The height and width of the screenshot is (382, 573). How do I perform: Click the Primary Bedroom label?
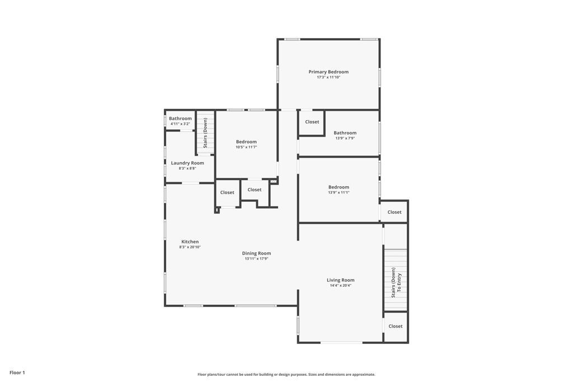328,72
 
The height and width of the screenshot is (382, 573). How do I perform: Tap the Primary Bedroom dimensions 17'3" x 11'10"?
328,77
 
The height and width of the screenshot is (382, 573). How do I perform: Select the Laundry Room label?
187,163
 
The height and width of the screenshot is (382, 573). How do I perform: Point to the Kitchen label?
190,242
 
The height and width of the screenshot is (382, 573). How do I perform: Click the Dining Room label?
256,253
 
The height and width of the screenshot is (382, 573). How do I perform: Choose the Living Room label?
341,280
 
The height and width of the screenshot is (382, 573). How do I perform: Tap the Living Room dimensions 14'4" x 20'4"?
341,286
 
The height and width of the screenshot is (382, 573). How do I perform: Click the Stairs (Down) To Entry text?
396,282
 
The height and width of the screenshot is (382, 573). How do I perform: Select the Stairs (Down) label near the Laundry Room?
205,133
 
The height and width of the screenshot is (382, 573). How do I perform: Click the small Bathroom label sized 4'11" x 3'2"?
180,119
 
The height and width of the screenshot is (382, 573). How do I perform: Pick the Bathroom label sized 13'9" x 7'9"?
345,133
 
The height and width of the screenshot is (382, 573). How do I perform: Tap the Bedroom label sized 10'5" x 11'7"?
246,142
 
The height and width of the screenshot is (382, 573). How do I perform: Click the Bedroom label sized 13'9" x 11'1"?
339,187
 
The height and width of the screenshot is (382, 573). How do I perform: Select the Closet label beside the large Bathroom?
312,122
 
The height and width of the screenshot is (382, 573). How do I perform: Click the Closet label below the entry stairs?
396,326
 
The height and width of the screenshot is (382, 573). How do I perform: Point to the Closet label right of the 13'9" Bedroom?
394,212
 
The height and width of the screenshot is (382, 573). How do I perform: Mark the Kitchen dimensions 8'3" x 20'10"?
190,247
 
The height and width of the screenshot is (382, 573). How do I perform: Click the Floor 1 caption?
17,373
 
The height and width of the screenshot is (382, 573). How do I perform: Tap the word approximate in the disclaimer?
364,375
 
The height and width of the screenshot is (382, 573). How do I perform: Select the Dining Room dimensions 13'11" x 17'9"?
256,259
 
